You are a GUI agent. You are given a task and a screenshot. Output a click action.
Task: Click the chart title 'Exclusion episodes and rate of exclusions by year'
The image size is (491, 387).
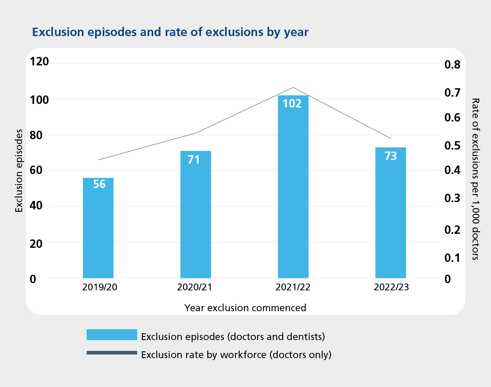[170, 32]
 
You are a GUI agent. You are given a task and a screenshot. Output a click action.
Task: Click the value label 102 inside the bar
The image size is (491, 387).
[292, 103]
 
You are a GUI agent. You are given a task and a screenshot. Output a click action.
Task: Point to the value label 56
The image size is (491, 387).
[99, 184]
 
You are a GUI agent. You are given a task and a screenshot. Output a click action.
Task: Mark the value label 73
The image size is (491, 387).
[391, 156]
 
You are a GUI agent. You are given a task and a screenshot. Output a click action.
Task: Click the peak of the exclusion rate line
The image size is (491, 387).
[293, 87]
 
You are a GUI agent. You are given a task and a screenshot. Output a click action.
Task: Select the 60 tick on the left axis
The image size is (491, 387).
[37, 171]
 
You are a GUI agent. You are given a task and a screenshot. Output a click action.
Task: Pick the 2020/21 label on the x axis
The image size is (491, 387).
[196, 288]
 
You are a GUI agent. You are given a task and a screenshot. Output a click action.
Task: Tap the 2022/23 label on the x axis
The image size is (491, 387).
[391, 288]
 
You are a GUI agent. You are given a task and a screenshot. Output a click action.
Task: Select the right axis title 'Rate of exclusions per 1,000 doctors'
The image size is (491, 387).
[475, 179]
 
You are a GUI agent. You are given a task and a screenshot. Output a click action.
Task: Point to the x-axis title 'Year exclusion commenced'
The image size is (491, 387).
[245, 308]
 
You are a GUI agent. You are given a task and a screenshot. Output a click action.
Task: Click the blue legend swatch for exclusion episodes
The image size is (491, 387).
[112, 335]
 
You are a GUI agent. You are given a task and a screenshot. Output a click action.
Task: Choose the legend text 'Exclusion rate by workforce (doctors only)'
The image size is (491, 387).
[236, 355]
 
